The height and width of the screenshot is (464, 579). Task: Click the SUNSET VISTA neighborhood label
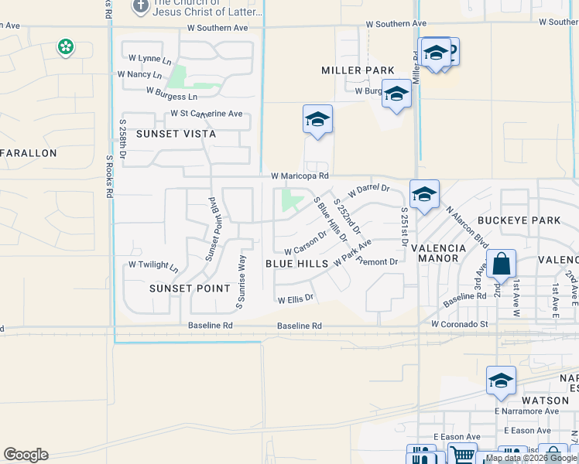[176, 134]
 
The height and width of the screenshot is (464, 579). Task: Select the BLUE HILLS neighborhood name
[296, 264]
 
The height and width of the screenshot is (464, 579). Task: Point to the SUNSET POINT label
[190, 288]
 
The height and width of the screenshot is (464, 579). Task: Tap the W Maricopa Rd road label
[300, 176]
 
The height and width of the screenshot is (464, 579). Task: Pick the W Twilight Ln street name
[153, 265]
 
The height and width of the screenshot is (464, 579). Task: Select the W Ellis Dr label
[295, 298]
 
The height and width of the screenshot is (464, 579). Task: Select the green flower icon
[66, 48]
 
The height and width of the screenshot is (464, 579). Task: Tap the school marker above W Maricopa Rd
[317, 121]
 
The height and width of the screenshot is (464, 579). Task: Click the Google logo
[26, 455]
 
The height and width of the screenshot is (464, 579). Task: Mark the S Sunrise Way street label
[240, 281]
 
